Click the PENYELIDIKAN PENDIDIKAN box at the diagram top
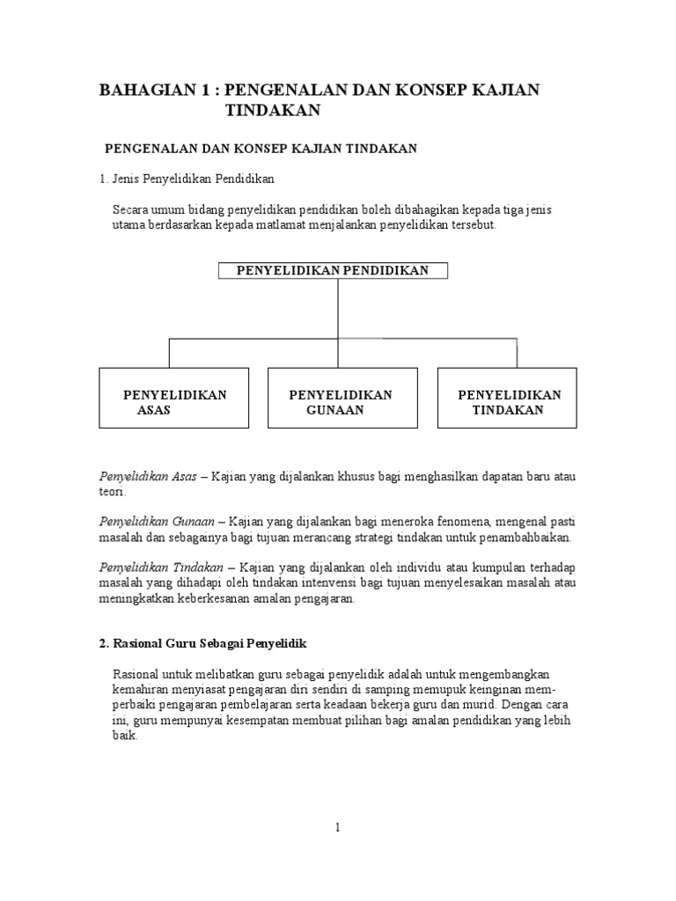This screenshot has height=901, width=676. (x=334, y=270)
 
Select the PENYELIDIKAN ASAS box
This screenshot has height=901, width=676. (x=173, y=398)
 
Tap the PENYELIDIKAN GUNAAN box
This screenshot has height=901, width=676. (x=340, y=398)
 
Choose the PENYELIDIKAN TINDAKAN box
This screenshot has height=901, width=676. (x=508, y=398)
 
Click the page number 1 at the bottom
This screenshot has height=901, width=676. (x=336, y=828)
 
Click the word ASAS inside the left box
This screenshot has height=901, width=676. (x=154, y=410)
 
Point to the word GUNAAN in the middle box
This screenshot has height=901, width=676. (x=335, y=410)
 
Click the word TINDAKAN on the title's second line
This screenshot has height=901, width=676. (x=273, y=110)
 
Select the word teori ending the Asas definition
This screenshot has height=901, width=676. (x=111, y=492)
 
